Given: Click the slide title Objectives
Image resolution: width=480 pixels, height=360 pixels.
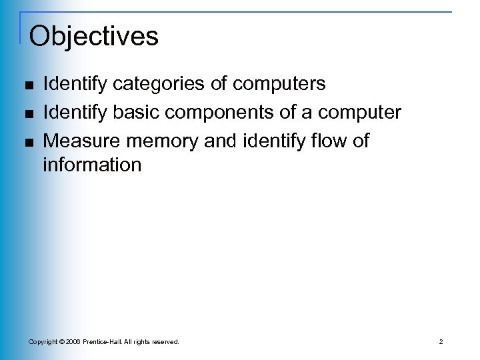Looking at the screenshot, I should (94, 36).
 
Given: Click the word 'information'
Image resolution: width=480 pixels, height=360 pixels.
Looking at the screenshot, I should (92, 164).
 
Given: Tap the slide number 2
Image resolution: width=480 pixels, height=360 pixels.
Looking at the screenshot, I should (441, 342).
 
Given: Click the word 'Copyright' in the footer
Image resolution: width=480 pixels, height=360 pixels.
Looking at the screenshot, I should (42, 342).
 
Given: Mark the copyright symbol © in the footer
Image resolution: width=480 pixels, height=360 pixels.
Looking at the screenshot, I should (62, 342).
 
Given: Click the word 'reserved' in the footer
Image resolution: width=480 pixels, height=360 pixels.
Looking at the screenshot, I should (164, 342).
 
